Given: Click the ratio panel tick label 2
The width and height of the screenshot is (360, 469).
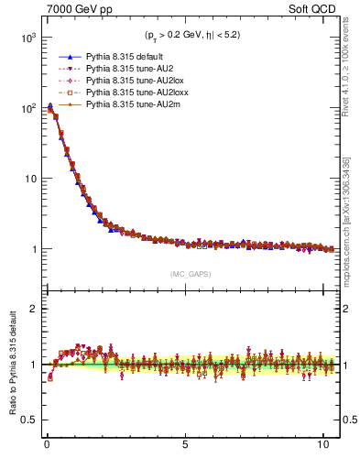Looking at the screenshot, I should [30, 309].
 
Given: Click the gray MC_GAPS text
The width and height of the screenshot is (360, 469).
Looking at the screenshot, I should [188, 274].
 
